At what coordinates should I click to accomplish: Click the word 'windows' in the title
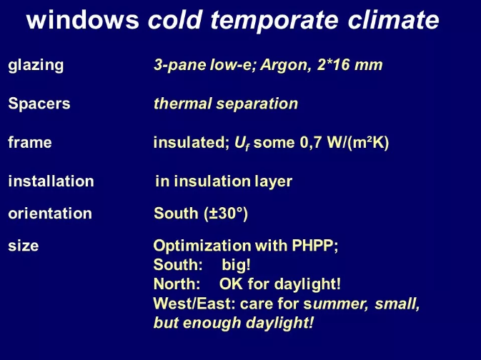click(x=83, y=20)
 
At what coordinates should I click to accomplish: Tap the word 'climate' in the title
click(x=394, y=19)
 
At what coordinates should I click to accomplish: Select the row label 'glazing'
click(x=36, y=66)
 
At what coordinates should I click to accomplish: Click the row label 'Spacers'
click(x=39, y=104)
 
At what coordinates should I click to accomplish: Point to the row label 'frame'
click(x=30, y=142)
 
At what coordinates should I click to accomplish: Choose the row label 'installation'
click(x=51, y=181)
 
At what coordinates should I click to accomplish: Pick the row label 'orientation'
click(x=50, y=213)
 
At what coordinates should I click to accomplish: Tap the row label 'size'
click(x=24, y=246)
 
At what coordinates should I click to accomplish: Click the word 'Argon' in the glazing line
click(x=284, y=65)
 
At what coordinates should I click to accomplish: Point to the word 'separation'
click(x=257, y=104)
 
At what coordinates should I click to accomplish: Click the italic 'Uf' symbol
click(x=242, y=143)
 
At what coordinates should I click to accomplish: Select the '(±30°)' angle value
click(x=226, y=214)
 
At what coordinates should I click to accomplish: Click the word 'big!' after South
click(x=236, y=264)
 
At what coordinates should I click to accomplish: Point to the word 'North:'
click(x=177, y=284)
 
